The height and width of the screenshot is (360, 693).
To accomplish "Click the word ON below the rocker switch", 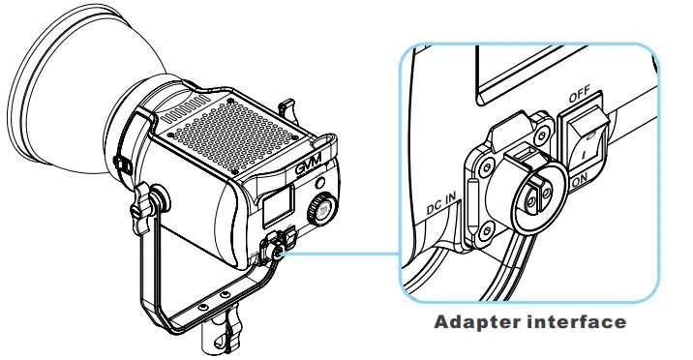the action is point(581,180).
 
